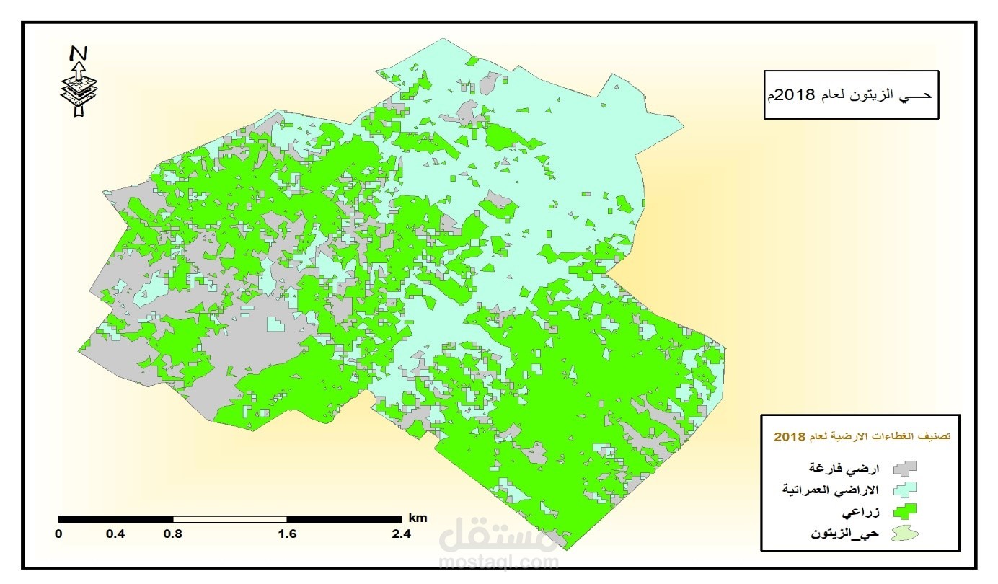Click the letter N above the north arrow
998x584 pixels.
coord(79,53)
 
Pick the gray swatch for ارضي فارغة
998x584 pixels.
coord(904,469)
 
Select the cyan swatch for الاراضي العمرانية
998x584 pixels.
coord(904,490)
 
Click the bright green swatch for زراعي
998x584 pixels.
coord(904,512)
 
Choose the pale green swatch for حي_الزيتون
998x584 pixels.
coord(904,534)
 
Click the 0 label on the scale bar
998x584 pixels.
coord(59,534)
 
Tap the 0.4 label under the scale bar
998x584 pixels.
coord(115,534)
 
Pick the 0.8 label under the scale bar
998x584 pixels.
coord(172,534)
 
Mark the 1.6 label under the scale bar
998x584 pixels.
coord(287,534)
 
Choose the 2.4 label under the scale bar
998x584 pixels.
coord(401,534)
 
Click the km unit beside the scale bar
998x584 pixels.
coord(418,518)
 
